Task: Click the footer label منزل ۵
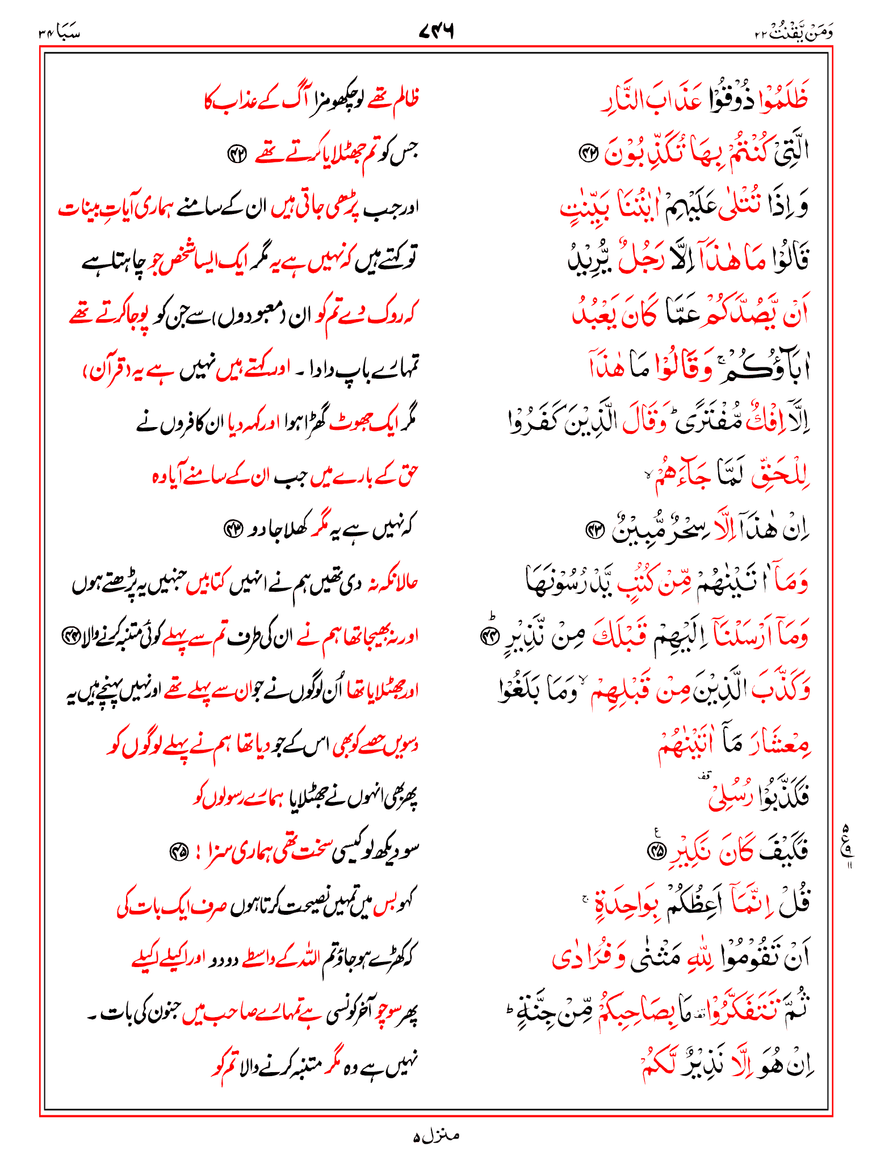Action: tap(436, 1136)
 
